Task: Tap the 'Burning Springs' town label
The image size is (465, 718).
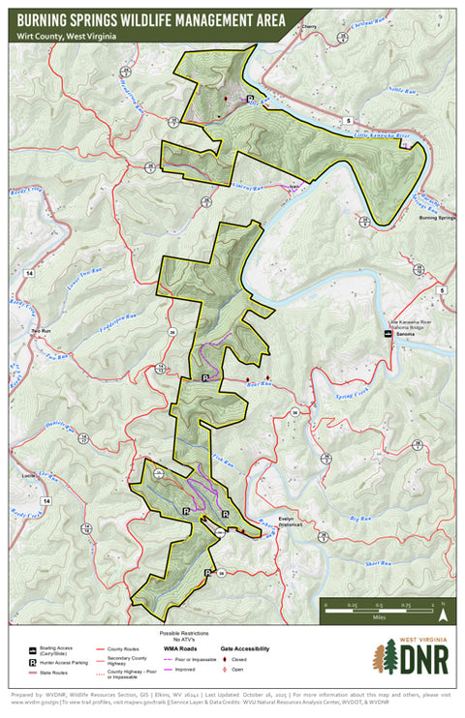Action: [x=436, y=219]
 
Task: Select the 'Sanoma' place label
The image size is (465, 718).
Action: [x=405, y=334]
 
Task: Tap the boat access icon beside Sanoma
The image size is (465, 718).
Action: [x=389, y=334]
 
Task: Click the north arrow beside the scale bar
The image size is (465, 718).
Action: [x=442, y=611]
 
